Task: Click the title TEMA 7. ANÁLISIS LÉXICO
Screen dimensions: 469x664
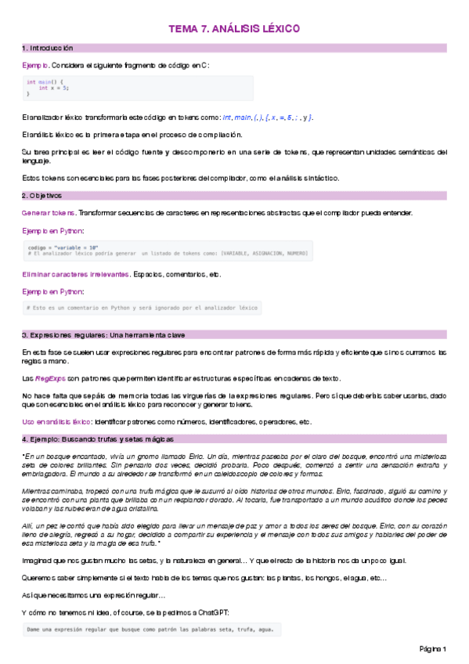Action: (x=234, y=29)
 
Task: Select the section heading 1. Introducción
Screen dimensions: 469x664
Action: (x=49, y=48)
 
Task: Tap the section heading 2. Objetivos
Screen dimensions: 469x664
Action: (x=42, y=195)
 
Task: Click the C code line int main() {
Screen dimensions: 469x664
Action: (x=45, y=82)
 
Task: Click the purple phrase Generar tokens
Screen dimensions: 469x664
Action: (x=49, y=213)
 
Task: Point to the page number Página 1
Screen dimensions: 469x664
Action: (x=432, y=649)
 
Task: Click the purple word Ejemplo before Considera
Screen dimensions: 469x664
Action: (x=35, y=65)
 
